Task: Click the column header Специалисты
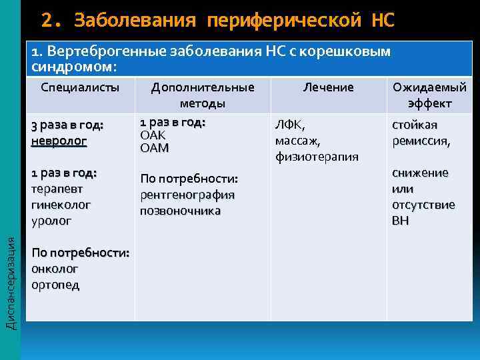(80, 87)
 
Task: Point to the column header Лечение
(328, 87)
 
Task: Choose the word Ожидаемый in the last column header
(429, 87)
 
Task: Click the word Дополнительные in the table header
(203, 87)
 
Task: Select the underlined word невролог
(59, 141)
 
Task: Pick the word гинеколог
(61, 205)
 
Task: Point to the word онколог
(55, 269)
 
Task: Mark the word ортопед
(55, 285)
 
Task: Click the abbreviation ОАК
(153, 135)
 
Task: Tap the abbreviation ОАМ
(154, 148)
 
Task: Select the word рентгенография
(187, 195)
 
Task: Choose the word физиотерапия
(317, 157)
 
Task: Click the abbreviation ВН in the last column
(401, 221)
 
